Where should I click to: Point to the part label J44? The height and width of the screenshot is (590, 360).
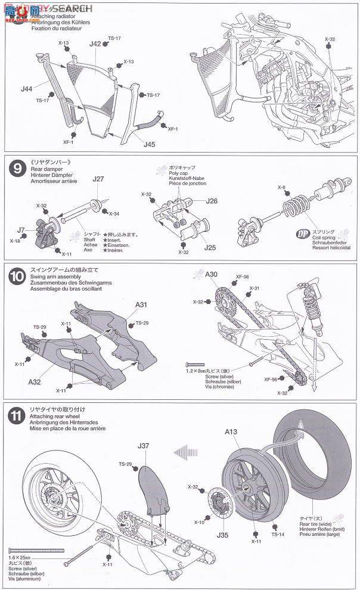tap(26, 89)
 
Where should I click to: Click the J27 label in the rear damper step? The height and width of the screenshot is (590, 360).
tap(98, 179)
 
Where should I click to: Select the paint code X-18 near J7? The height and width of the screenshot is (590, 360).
tap(15, 241)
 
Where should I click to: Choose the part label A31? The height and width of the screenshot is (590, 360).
tap(141, 304)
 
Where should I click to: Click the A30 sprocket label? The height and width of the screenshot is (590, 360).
tap(212, 274)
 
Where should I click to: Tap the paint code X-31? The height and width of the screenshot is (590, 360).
tap(255, 288)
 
